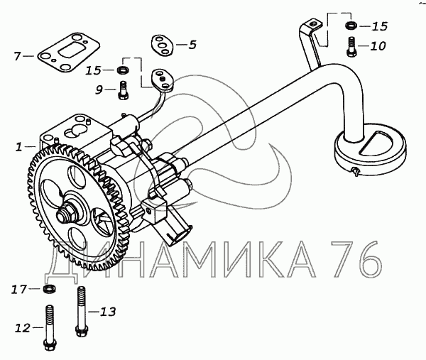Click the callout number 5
[192, 44]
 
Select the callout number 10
[378, 47]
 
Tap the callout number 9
[101, 89]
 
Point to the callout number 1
[18, 148]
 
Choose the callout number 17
[18, 289]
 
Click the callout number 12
[22, 327]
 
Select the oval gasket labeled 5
[163, 45]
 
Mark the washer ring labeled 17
[49, 289]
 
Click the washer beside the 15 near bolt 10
[351, 27]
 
